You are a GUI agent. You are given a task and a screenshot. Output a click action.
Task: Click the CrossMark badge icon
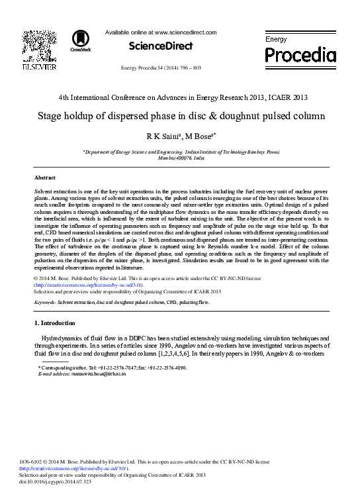[75, 41]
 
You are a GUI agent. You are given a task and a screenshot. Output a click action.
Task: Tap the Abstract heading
[44, 179]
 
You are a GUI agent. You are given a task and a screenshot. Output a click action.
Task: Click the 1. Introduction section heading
[55, 323]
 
